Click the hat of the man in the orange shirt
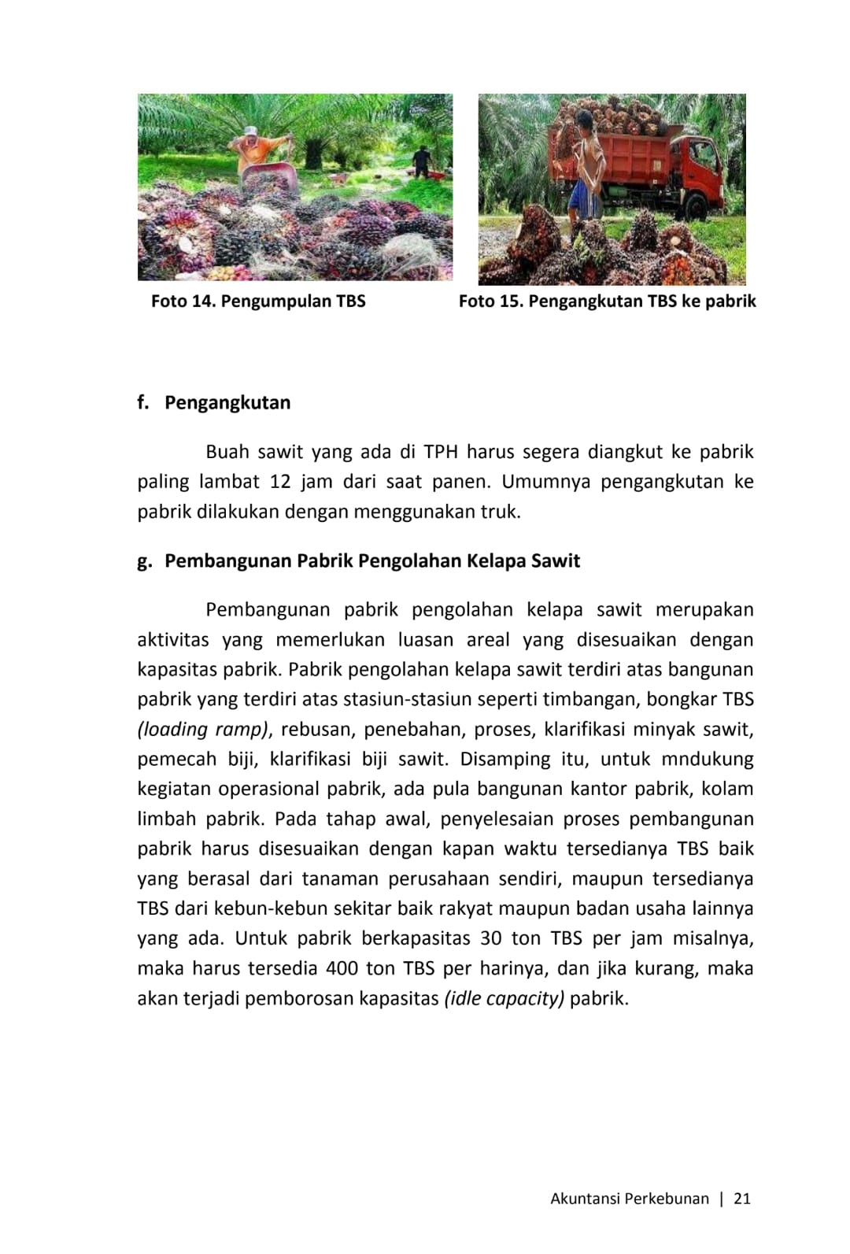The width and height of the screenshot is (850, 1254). click(250, 131)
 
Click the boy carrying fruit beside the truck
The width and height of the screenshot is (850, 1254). click(586, 165)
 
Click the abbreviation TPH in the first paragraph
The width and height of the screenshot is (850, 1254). click(441, 452)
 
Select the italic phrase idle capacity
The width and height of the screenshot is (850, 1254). click(504, 999)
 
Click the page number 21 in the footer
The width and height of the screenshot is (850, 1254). click(742, 1199)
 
